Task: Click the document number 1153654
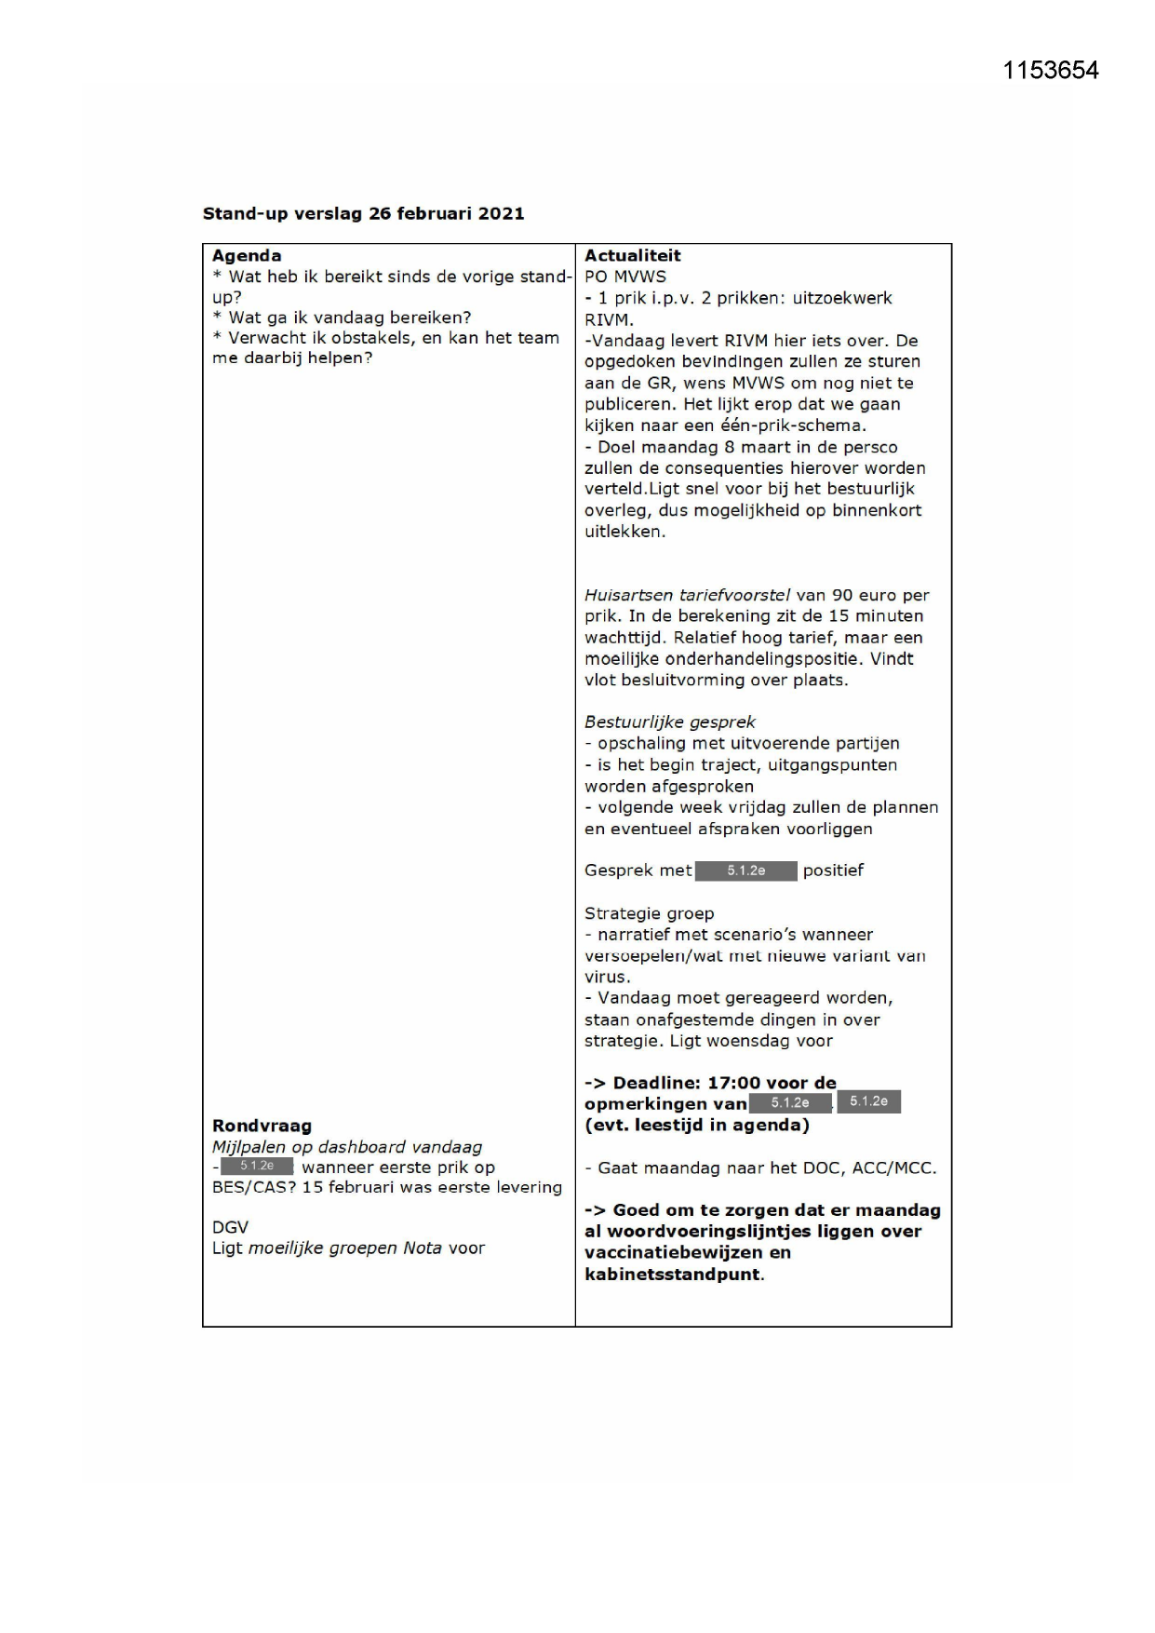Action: click(1050, 71)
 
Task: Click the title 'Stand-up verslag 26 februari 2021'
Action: click(363, 213)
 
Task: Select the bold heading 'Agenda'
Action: click(247, 256)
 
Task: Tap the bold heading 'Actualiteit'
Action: click(632, 256)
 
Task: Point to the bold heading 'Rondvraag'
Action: click(262, 1126)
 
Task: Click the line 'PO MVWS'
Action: click(625, 277)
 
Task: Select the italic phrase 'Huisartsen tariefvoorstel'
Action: click(687, 595)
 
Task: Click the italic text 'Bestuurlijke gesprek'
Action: click(669, 722)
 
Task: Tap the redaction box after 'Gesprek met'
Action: click(746, 870)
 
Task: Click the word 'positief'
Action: click(833, 870)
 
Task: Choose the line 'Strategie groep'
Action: click(649, 913)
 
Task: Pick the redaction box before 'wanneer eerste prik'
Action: click(257, 1167)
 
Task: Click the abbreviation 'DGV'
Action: click(230, 1227)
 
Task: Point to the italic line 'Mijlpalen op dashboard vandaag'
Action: click(346, 1147)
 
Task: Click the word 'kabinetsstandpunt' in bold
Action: click(672, 1275)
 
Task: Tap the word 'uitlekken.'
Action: click(625, 532)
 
